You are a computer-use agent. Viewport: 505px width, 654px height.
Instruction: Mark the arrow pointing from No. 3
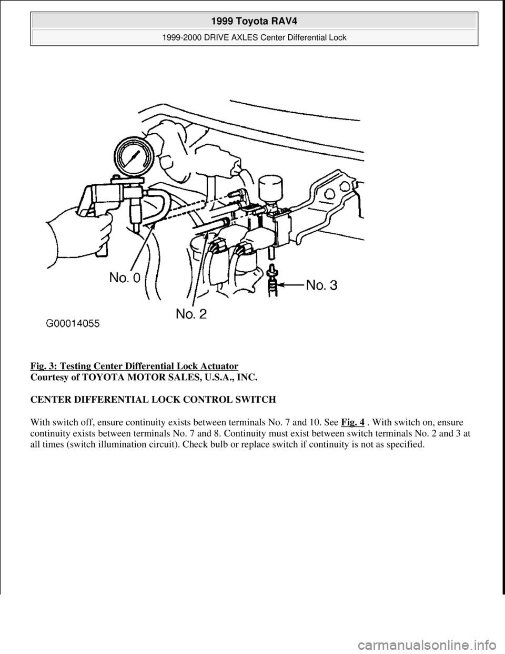pyautogui.click(x=291, y=285)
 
